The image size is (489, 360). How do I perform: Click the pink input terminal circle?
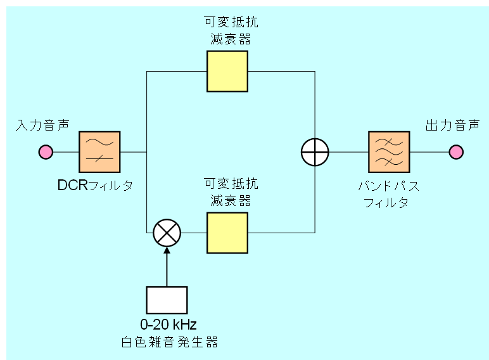click(46, 152)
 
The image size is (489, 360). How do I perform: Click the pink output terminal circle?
click(456, 152)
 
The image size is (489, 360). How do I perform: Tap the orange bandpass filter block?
click(389, 152)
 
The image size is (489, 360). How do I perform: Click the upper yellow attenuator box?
click(227, 71)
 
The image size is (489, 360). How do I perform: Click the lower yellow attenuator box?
click(227, 233)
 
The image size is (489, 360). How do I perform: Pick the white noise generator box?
click(167, 300)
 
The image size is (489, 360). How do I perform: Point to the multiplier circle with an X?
click(167, 233)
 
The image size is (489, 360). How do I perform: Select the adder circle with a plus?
click(315, 152)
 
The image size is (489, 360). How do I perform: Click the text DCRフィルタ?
click(95, 186)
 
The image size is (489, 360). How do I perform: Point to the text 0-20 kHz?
click(168, 325)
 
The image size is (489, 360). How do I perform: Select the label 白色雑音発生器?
click(169, 342)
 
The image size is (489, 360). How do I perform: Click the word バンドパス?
click(388, 186)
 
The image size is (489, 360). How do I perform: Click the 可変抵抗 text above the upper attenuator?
click(231, 22)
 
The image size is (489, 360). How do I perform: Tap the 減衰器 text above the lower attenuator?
click(231, 201)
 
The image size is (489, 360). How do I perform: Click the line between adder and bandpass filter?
click(348, 152)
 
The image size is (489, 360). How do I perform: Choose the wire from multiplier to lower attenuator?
click(194, 233)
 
